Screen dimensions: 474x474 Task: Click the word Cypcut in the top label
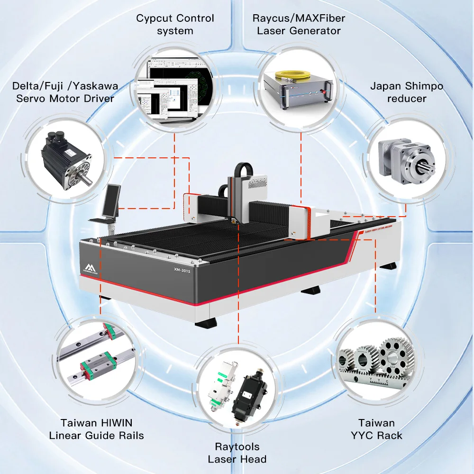[154, 18]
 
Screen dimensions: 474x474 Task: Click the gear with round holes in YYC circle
[393, 356]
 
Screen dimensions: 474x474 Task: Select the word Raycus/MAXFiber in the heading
[299, 18]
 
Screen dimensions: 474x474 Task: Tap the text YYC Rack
[377, 435]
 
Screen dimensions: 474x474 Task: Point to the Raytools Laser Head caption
[237, 453]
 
